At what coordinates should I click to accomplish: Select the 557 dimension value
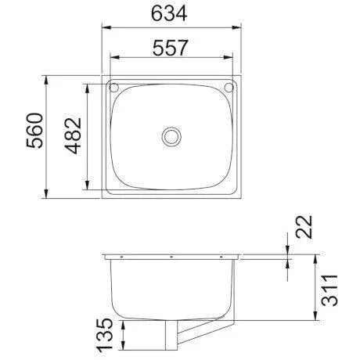(171, 47)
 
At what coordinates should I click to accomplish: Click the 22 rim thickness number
(305, 227)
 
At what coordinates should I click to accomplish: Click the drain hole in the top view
(171, 136)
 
